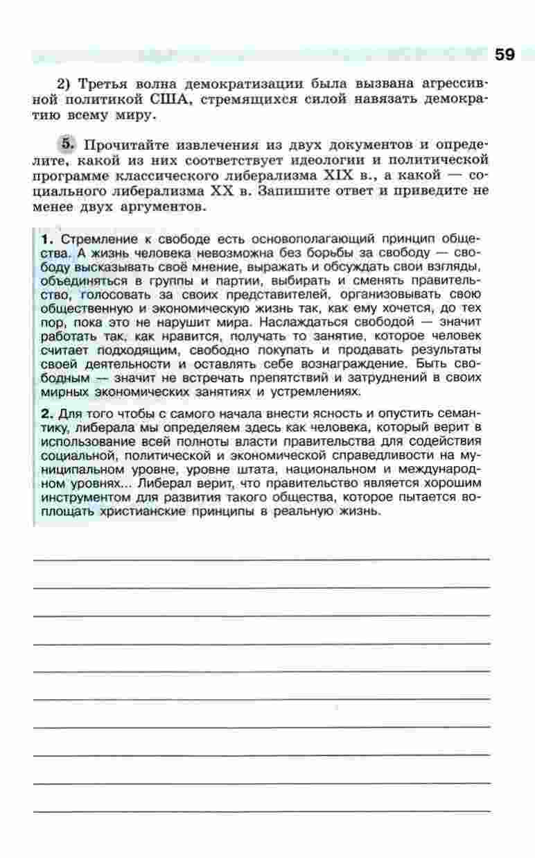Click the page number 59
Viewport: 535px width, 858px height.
505,55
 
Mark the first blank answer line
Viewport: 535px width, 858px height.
261,558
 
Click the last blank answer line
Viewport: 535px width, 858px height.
261,810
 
